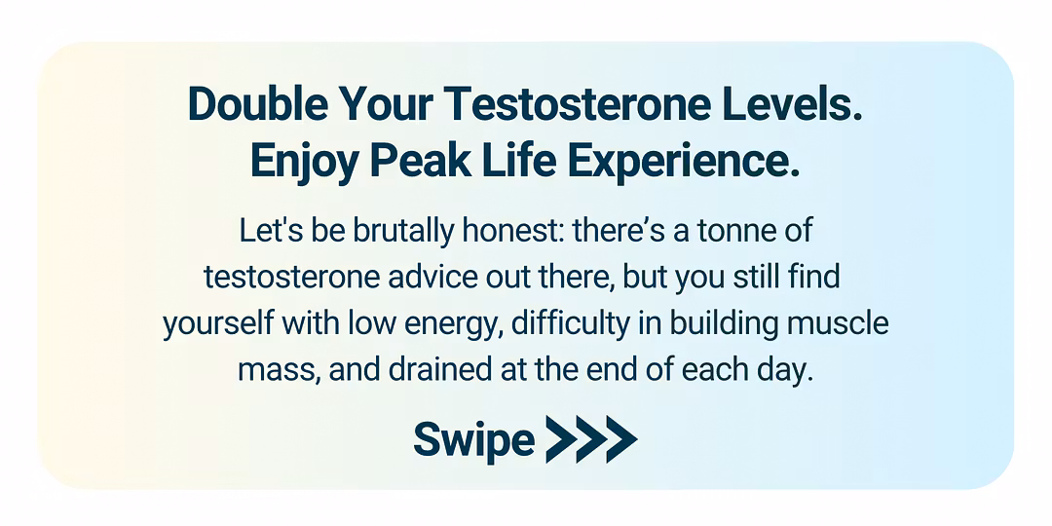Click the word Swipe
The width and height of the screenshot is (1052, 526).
474,438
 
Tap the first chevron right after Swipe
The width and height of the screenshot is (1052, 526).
561,438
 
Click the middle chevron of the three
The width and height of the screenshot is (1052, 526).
591,438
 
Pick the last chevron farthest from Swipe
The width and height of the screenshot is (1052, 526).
621,438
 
